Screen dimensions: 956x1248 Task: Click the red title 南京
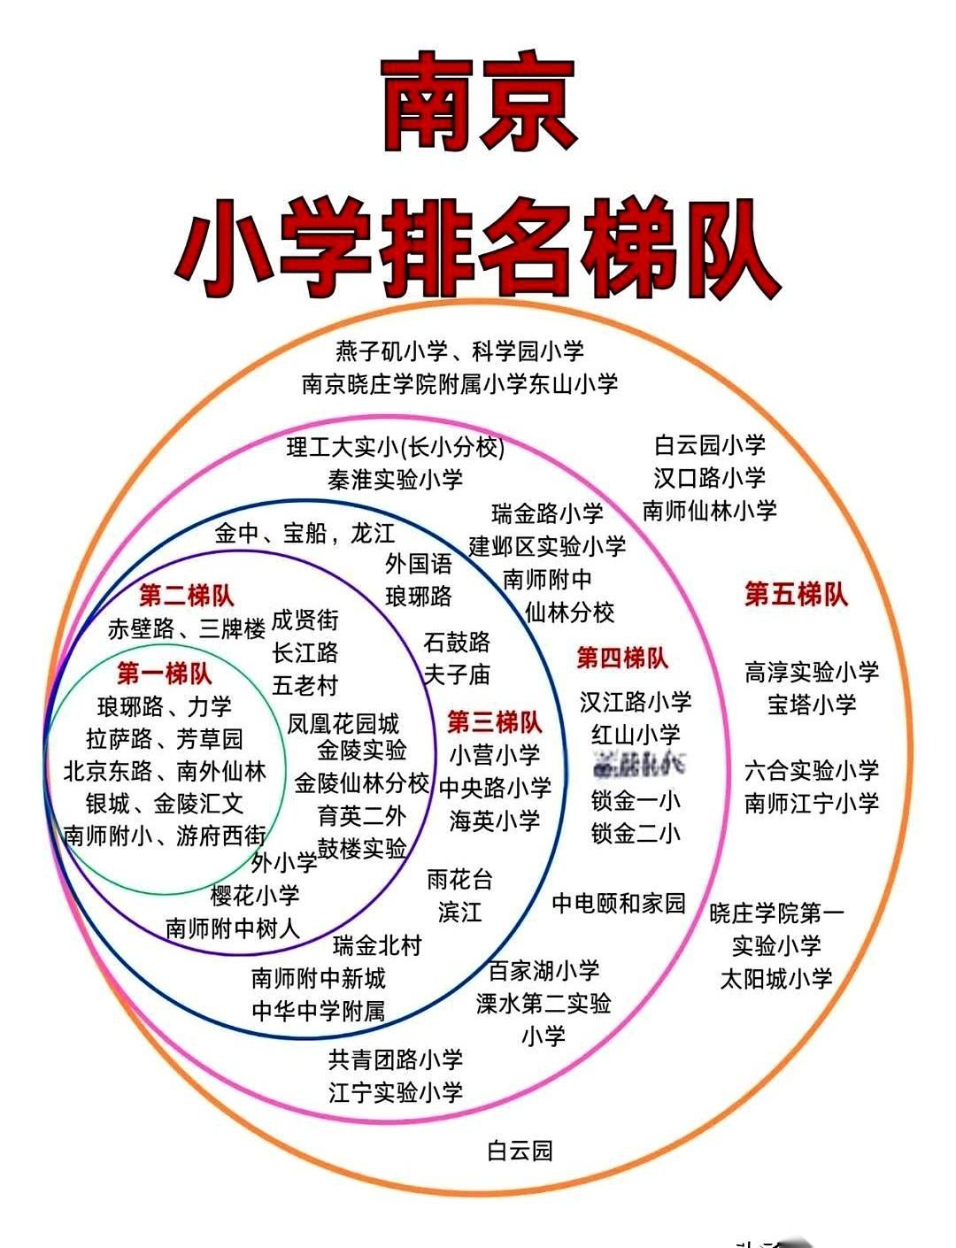[478, 104]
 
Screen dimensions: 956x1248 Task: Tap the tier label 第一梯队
[165, 674]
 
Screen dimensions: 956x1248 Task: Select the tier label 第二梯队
[187, 595]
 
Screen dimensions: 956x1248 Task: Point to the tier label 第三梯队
[494, 722]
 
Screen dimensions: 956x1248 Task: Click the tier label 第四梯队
[622, 658]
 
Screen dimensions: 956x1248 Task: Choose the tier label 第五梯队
[796, 594]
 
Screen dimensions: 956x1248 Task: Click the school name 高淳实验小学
[812, 672]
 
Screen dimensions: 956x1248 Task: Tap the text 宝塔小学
[812, 705]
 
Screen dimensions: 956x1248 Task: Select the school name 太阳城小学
[776, 979]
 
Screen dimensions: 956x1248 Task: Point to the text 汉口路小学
[709, 478]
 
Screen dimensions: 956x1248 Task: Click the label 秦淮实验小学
[396, 480]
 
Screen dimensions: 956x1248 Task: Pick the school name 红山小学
[636, 735]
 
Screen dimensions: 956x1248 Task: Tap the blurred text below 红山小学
[636, 767]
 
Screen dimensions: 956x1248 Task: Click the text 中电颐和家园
[619, 904]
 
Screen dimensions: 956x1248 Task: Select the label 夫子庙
[457, 674]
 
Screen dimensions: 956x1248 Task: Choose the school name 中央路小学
[495, 787]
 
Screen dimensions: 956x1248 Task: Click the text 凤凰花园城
[343, 723]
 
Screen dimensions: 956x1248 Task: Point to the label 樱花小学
[255, 895]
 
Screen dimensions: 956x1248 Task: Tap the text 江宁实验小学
[396, 1092]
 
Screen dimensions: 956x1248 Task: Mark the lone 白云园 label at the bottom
[520, 1151]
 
